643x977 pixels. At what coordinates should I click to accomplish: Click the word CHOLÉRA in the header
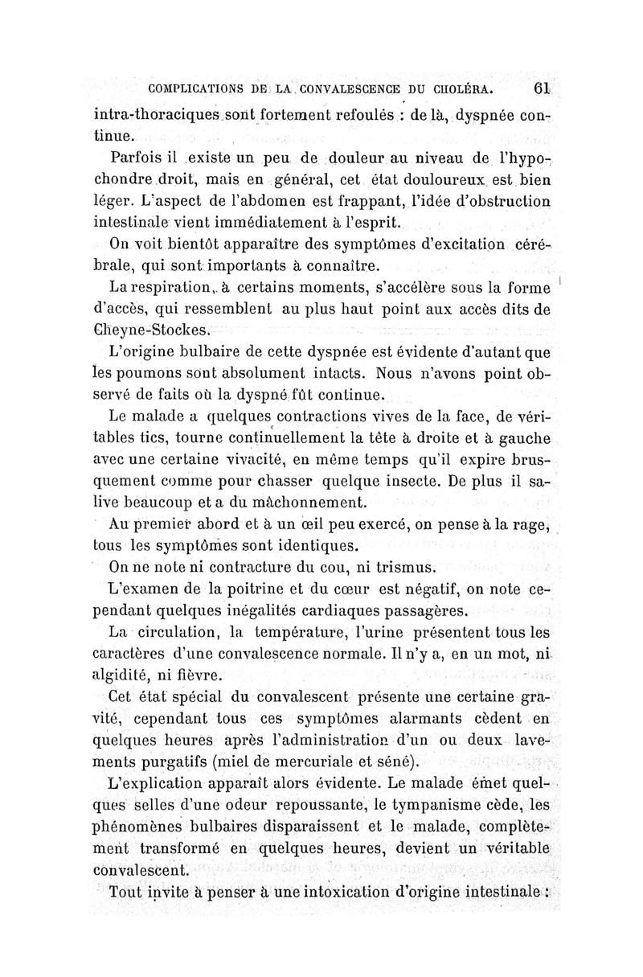pyautogui.click(x=463, y=88)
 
